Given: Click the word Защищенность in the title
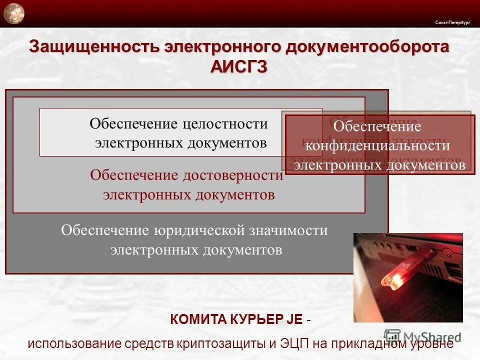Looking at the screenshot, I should pyautogui.click(x=93, y=47).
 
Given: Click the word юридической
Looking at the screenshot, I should pyautogui.click(x=199, y=230).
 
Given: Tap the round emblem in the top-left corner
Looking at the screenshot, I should pyautogui.click(x=13, y=13).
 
